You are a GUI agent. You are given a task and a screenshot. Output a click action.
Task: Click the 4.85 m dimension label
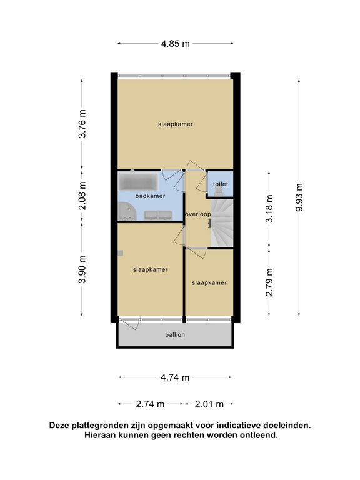tap(176, 44)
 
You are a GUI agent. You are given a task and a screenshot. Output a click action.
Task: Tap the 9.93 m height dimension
tap(299, 197)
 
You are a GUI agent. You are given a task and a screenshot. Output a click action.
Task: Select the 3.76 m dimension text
tap(82, 124)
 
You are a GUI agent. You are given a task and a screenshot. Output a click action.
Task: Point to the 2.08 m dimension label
tap(82, 196)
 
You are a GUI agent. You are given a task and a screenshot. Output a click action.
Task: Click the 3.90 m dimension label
tap(82, 269)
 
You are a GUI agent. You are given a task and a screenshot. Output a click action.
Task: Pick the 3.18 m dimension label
tap(269, 209)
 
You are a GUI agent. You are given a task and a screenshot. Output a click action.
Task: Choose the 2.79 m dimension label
tap(269, 282)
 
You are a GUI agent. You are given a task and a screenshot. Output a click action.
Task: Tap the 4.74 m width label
tap(175, 377)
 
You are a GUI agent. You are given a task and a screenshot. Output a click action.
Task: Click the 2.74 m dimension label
tap(150, 404)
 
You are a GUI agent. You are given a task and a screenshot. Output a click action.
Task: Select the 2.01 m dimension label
tap(209, 404)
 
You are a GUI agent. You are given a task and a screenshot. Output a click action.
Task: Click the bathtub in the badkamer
tap(138, 181)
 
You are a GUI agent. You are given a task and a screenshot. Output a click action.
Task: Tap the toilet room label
tap(221, 184)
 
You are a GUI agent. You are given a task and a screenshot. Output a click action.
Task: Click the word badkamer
tap(150, 196)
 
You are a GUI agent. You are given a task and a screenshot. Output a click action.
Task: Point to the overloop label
tap(198, 214)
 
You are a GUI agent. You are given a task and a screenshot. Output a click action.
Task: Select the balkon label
tap(175, 334)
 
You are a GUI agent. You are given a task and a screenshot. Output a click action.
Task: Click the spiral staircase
tap(222, 222)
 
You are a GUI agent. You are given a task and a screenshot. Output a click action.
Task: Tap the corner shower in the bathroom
tap(126, 211)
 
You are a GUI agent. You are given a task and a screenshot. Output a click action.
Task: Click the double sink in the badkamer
tap(158, 215)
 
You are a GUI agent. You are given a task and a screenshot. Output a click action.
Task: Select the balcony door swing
tap(131, 324)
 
